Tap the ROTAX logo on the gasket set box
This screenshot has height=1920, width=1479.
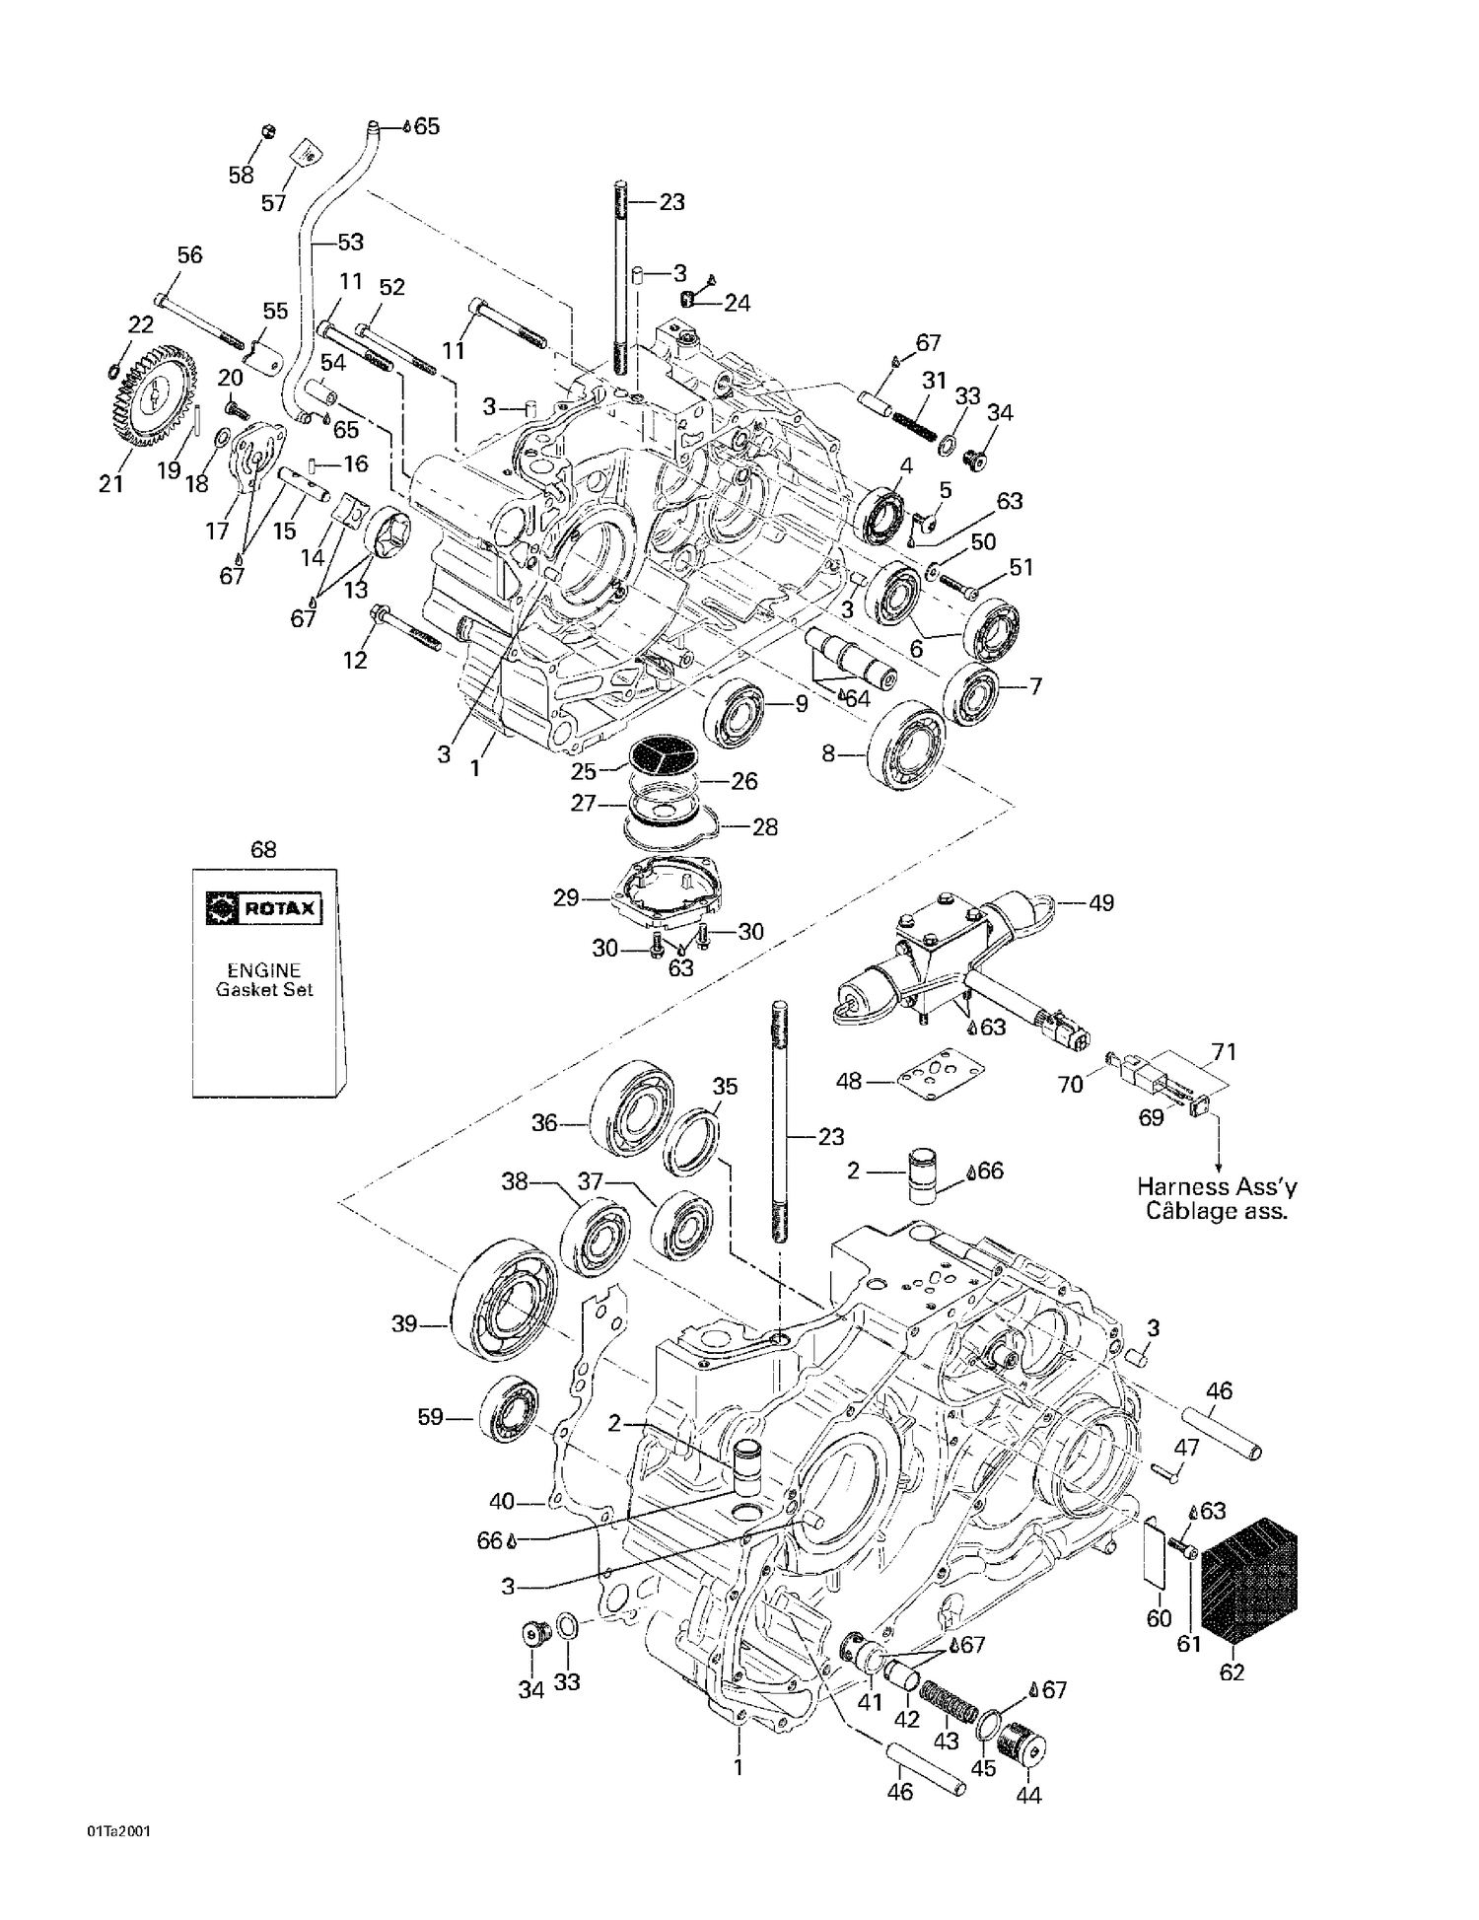click(263, 907)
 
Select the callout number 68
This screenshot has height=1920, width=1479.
click(263, 850)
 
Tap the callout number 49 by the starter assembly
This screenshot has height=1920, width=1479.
click(1100, 902)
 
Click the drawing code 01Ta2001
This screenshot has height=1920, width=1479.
click(118, 1831)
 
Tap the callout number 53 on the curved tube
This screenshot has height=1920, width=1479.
click(350, 242)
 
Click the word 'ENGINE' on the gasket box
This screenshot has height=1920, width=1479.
click(263, 970)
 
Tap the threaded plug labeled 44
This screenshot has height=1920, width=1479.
click(1021, 1752)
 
